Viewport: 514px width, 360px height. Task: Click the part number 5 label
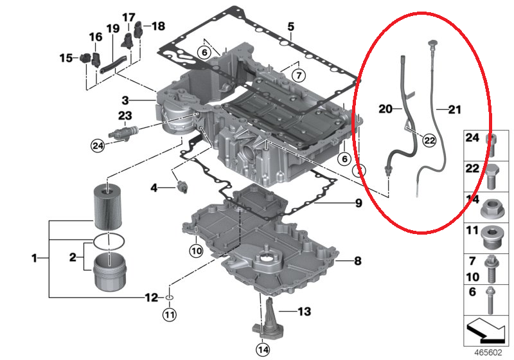point(291,27)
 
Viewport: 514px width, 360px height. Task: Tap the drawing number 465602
point(488,353)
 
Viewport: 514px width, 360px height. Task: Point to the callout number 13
point(304,311)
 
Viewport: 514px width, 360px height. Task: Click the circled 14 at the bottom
point(263,350)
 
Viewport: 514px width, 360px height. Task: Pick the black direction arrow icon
point(486,330)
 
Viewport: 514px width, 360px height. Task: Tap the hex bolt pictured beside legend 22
point(490,176)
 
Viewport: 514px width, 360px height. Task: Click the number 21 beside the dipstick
point(454,109)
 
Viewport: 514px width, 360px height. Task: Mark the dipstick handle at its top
point(433,44)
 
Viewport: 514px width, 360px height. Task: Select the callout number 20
point(385,109)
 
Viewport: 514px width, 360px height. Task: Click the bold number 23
point(125,116)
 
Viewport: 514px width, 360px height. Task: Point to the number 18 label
point(158,26)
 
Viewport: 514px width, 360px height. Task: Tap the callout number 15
point(66,59)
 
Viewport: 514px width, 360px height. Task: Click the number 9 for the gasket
point(359,203)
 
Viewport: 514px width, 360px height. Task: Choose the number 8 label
point(358,261)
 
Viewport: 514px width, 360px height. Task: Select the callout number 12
point(152,298)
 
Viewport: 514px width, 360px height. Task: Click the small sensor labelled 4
point(182,186)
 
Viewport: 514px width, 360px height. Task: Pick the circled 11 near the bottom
point(170,315)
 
